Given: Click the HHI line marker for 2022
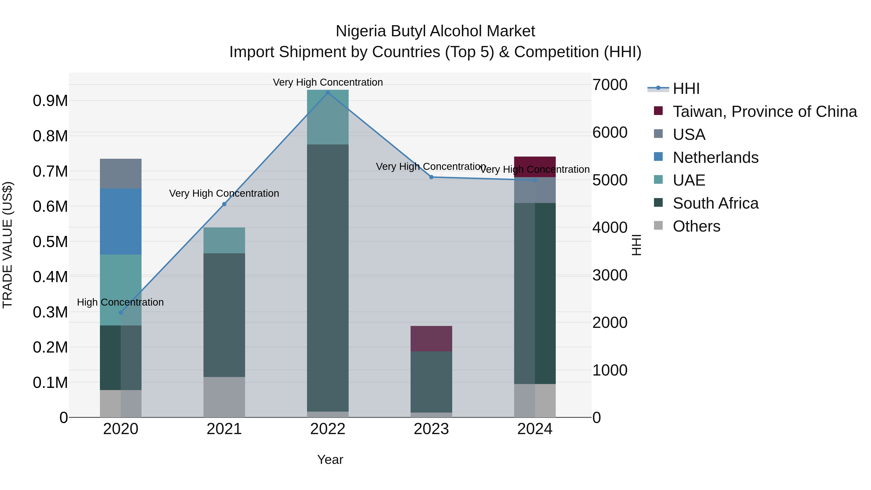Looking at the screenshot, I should point(328,93).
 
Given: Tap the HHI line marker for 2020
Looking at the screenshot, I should point(121,312).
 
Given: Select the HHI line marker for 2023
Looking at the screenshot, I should point(431,177).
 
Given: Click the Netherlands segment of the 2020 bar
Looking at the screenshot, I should point(121,221).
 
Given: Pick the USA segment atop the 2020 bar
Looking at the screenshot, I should point(121,173).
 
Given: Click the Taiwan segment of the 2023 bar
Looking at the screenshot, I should point(431,339).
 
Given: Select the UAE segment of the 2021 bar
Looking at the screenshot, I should point(224,241).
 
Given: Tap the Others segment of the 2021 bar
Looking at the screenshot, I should point(224,397).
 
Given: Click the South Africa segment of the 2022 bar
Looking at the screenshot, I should point(328,277).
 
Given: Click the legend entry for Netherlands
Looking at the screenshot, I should point(715,158).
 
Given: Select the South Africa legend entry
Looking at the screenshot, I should point(715,203).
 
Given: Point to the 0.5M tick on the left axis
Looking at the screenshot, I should point(50,242).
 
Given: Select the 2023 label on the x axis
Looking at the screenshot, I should point(431,429).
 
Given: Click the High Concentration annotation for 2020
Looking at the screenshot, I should point(120,302).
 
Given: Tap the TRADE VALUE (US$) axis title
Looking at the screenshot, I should point(8,245).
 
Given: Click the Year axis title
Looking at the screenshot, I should point(330,460).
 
